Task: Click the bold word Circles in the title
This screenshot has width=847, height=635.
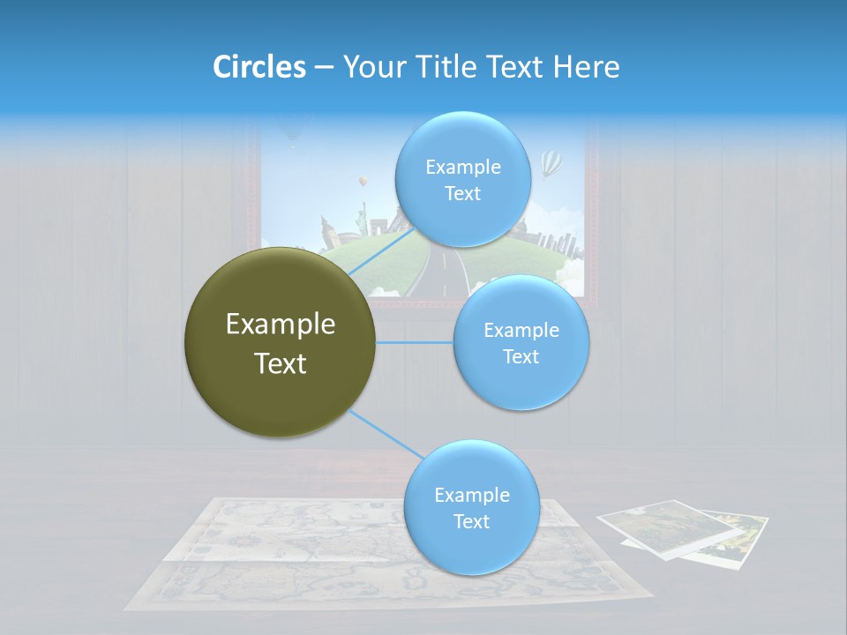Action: [259, 67]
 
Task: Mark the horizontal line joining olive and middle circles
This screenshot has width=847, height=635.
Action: [415, 342]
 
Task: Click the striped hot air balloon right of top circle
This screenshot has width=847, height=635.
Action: [551, 162]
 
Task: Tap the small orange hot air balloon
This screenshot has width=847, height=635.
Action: [362, 182]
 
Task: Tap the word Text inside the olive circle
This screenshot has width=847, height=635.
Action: [280, 363]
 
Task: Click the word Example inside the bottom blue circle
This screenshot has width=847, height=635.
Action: [471, 495]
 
